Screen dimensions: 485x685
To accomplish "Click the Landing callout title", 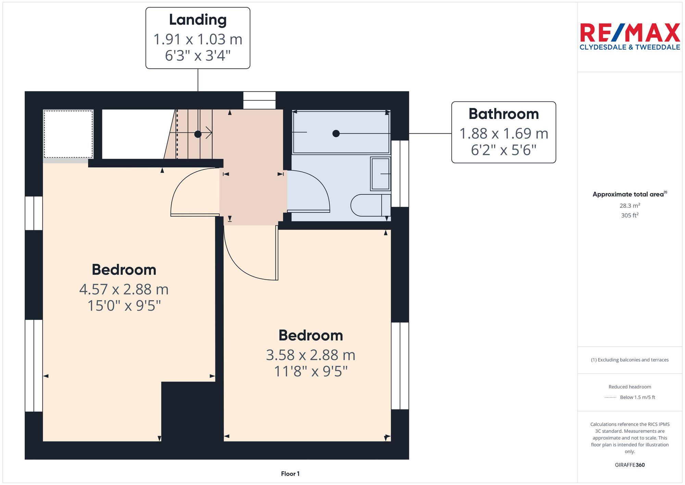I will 198,20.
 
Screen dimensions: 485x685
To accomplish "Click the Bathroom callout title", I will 503,114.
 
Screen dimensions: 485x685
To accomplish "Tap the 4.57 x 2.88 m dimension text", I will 124,289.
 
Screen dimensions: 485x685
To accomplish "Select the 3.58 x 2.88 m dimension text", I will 310,355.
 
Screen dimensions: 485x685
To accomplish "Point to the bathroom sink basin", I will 380,174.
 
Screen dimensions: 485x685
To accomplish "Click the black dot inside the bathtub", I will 336,133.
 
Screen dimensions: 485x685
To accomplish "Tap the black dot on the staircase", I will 198,134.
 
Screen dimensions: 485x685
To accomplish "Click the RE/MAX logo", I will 630,33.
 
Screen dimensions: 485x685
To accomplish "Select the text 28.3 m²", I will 630,206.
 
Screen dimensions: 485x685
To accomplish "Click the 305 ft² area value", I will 630,215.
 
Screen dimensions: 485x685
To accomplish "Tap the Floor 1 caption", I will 290,474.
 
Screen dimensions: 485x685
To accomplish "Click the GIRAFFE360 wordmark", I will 630,465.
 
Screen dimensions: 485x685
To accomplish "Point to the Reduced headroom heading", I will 630,387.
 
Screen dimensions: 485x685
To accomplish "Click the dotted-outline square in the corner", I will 68,134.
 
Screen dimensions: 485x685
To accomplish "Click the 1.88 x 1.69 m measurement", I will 503,134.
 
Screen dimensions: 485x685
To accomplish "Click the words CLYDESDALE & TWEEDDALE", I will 630,47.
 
